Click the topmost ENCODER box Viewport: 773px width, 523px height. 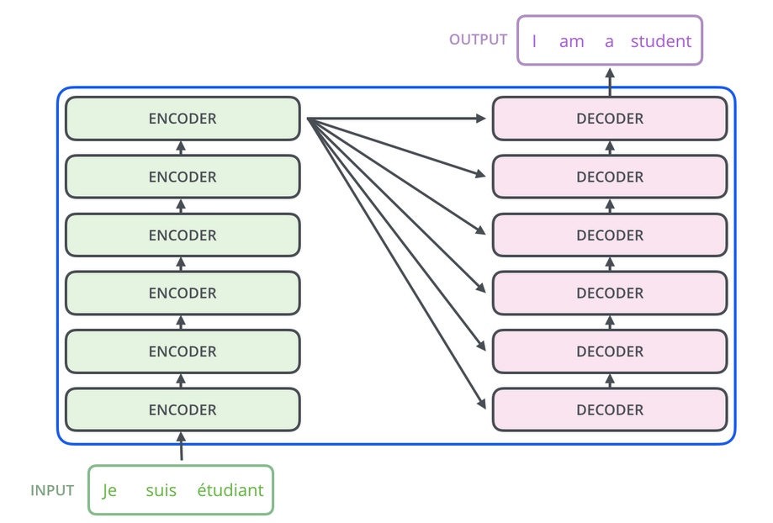(x=183, y=119)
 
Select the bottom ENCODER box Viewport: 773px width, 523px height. (x=183, y=409)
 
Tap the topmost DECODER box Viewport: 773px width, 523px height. (x=610, y=119)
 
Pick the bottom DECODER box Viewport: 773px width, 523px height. (x=610, y=409)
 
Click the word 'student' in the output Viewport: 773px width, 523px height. (x=661, y=41)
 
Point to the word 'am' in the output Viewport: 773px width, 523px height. (x=572, y=42)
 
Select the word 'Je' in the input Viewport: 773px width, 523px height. (x=109, y=490)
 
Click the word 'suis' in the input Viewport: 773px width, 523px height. (x=161, y=490)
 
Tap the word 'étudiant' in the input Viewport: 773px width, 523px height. (x=230, y=490)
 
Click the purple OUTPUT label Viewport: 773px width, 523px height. (x=479, y=40)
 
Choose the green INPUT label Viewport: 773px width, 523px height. (x=52, y=490)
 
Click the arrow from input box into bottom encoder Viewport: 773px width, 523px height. (x=182, y=446)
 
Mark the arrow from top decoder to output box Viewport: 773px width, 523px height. (x=610, y=82)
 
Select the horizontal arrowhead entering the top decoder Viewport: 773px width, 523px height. (x=480, y=119)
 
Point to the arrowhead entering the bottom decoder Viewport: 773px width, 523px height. (x=482, y=404)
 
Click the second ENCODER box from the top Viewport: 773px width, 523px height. (x=183, y=177)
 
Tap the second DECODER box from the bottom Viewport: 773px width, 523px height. (x=610, y=351)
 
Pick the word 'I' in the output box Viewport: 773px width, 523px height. (x=534, y=41)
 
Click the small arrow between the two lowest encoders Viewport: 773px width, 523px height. (x=181, y=381)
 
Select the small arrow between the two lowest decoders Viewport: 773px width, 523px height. (x=610, y=381)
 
